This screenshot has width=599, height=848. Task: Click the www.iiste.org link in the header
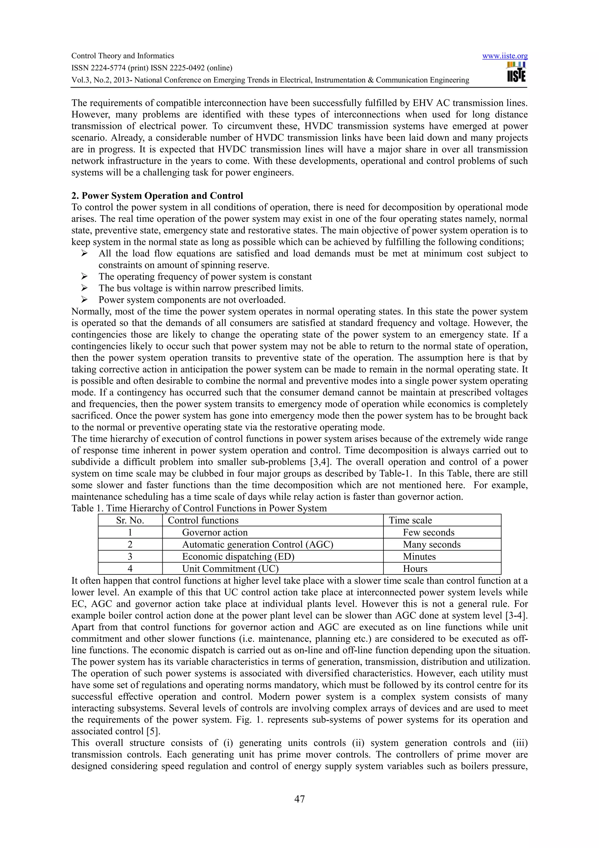[505, 56]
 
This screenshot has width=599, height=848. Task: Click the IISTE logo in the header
[516, 72]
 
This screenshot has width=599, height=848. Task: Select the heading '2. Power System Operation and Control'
[157, 196]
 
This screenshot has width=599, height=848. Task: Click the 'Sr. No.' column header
[130, 520]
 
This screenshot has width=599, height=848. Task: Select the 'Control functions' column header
[203, 520]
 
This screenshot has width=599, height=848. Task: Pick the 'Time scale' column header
[410, 520]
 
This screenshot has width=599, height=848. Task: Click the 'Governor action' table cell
[215, 533]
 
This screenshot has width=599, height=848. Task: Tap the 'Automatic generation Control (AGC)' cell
[258, 545]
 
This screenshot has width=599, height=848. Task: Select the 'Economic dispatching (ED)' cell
[238, 557]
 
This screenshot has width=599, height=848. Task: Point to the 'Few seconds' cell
[428, 533]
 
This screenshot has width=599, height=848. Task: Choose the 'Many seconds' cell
[431, 545]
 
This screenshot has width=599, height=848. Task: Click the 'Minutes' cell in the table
[419, 557]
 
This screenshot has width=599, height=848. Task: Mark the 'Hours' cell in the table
[415, 569]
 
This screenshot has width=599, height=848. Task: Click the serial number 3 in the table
[130, 557]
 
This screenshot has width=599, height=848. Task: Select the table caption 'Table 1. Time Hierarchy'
[199, 508]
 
